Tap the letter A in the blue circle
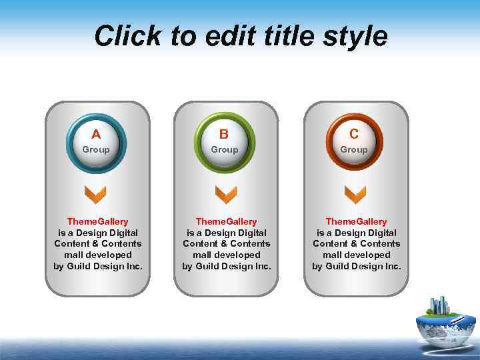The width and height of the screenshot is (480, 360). [96, 134]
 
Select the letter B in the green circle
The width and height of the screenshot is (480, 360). [224, 134]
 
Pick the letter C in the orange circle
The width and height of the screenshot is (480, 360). [354, 134]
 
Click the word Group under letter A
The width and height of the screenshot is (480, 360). [96, 150]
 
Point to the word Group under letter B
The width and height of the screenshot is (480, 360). [225, 150]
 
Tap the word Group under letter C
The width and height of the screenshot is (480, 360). [354, 150]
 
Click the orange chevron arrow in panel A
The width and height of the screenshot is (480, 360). [96, 195]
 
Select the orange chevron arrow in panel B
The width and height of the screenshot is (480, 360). [225, 195]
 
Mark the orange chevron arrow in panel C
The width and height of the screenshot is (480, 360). [355, 195]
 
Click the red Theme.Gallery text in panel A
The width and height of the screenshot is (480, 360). [97, 221]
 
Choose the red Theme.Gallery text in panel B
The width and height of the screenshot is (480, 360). [226, 221]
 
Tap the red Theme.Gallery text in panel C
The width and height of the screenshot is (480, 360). [356, 221]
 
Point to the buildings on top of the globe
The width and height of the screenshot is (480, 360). [439, 306]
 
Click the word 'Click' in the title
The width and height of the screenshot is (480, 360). [127, 36]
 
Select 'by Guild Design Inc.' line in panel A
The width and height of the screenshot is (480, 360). [97, 267]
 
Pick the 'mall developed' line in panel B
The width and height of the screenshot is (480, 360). [226, 255]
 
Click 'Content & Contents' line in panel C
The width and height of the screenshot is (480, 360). [356, 244]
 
